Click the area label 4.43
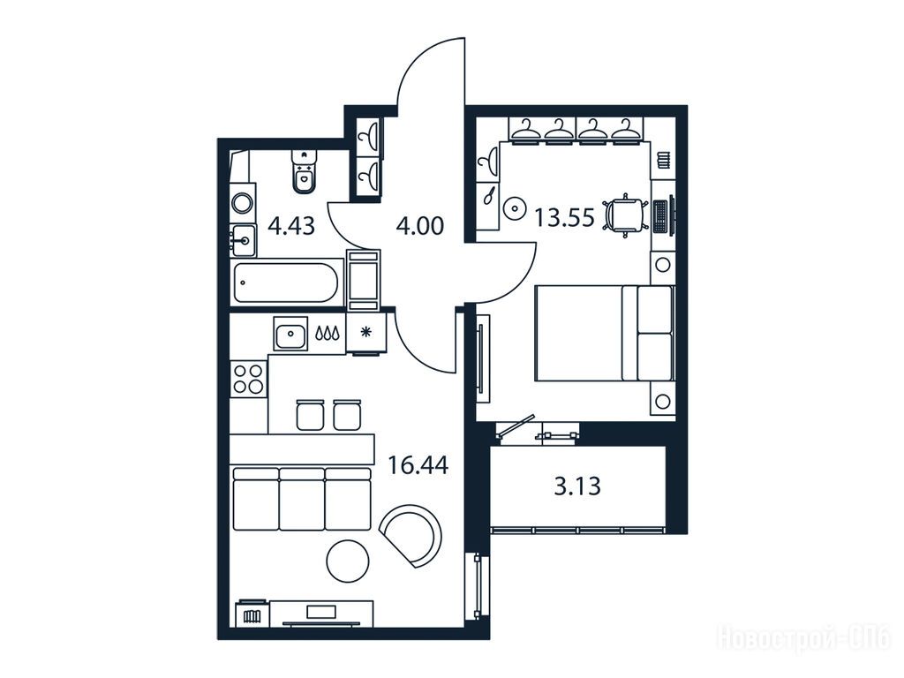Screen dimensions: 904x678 [x=291, y=225]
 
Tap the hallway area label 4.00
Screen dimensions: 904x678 [x=420, y=225]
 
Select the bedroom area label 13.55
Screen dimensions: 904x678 [x=564, y=218]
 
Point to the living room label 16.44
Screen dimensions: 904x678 [x=418, y=464]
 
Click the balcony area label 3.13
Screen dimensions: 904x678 [x=577, y=486]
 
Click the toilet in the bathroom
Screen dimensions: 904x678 [x=304, y=170]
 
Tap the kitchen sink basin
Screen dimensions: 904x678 [x=290, y=334]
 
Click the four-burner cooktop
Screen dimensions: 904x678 [x=248, y=379]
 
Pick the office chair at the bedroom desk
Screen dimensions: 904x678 [x=624, y=215]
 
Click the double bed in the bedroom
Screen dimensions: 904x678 [x=604, y=333]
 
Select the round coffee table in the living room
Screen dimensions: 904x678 [x=348, y=561]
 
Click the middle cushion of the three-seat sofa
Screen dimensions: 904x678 [x=302, y=499]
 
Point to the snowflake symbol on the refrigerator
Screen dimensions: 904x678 [x=365, y=332]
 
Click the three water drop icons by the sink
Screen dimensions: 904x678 [x=327, y=333]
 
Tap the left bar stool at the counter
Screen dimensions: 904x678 [x=310, y=413]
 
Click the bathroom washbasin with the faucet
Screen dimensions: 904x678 [x=244, y=240]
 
